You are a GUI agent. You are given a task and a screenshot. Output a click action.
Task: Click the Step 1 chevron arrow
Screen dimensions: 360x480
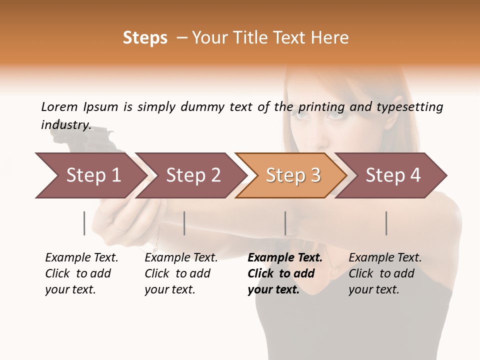coord(92,175)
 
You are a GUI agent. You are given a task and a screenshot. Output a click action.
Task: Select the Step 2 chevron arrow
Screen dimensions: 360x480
coord(192,175)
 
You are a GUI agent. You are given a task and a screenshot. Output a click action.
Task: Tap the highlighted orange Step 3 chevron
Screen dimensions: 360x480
coord(292,175)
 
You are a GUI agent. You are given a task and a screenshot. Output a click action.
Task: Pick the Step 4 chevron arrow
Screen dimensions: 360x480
coord(392,175)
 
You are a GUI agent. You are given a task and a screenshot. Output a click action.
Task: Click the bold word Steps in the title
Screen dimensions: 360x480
coord(145,38)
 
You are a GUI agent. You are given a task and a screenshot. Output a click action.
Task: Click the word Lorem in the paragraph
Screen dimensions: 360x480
coord(59,106)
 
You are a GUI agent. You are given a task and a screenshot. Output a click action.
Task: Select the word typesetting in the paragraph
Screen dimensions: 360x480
coord(409,106)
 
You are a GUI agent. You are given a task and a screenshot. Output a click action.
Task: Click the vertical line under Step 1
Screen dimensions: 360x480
coord(84,223)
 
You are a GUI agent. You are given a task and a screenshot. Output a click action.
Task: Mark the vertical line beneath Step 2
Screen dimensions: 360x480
coord(184,223)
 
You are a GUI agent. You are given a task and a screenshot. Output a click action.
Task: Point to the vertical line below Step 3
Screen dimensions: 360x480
coord(285,223)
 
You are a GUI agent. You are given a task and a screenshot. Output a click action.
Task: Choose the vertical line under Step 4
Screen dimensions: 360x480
coord(386,223)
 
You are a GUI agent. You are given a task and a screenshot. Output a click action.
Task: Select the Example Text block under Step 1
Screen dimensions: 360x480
coord(81,273)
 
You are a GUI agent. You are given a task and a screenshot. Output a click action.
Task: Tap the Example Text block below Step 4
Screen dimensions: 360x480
coord(384,273)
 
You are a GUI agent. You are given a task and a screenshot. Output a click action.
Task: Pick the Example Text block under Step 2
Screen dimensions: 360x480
coord(181,273)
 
